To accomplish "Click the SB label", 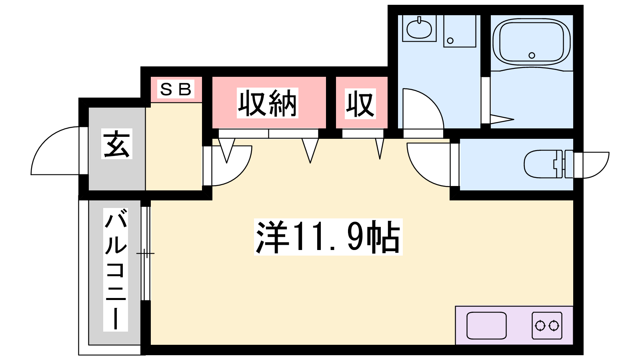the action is [x=176, y=89].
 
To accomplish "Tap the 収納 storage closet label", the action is [x=268, y=103].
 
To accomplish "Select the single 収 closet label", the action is [x=360, y=104].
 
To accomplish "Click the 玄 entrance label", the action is [x=117, y=144].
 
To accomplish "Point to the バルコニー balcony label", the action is [x=116, y=270].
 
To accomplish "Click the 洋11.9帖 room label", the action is [x=328, y=237].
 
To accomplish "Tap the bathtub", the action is [x=532, y=42].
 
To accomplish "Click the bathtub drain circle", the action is [x=532, y=56].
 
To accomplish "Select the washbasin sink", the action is [x=419, y=28].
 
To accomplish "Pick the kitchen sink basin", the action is [x=486, y=326].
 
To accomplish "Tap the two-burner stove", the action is [x=547, y=326].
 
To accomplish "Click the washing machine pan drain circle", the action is [x=450, y=40].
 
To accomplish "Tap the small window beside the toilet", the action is [x=592, y=165].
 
